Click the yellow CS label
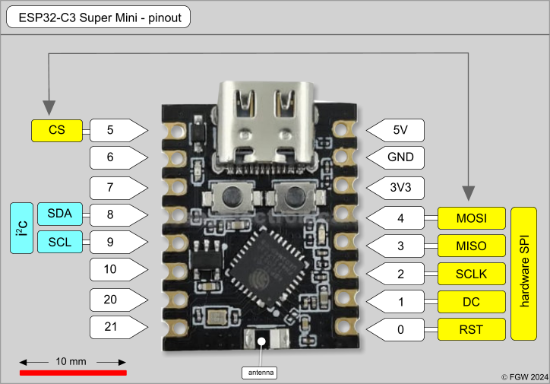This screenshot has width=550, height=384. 56,130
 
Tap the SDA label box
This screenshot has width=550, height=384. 59,214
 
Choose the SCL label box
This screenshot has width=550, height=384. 59,242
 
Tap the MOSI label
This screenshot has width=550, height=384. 471,219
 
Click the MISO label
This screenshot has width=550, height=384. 471,246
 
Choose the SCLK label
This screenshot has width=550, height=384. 471,274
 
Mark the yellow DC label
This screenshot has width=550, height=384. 471,301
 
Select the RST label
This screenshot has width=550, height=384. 471,329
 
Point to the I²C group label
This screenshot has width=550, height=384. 21,227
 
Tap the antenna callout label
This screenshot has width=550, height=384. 260,373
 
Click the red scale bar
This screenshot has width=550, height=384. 73,373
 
